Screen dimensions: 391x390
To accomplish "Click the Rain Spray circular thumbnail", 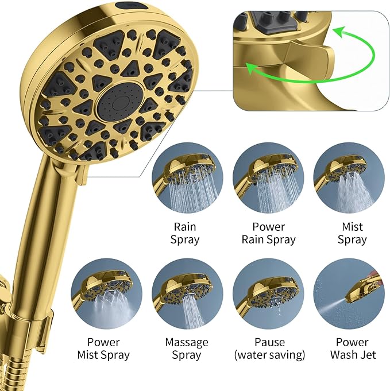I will (187, 179).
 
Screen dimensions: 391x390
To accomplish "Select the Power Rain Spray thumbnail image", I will (268, 179).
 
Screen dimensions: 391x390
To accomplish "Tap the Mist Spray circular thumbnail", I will (349, 179).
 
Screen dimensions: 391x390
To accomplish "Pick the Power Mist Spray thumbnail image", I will (106, 294).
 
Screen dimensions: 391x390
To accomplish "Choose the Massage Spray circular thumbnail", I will (187, 294).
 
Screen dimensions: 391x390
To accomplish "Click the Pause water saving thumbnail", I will (268, 294).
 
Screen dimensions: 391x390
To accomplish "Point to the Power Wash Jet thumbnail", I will (349, 294).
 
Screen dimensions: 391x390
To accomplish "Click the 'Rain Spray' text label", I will (187, 233).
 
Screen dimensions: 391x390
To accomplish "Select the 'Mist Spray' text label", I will (352, 233).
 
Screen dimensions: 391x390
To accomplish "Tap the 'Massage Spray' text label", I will (187, 349).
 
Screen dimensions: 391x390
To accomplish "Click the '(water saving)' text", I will (269, 355).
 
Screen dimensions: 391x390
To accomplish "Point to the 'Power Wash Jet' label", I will (352, 349).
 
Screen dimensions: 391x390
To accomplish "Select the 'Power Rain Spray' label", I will (269, 233).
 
